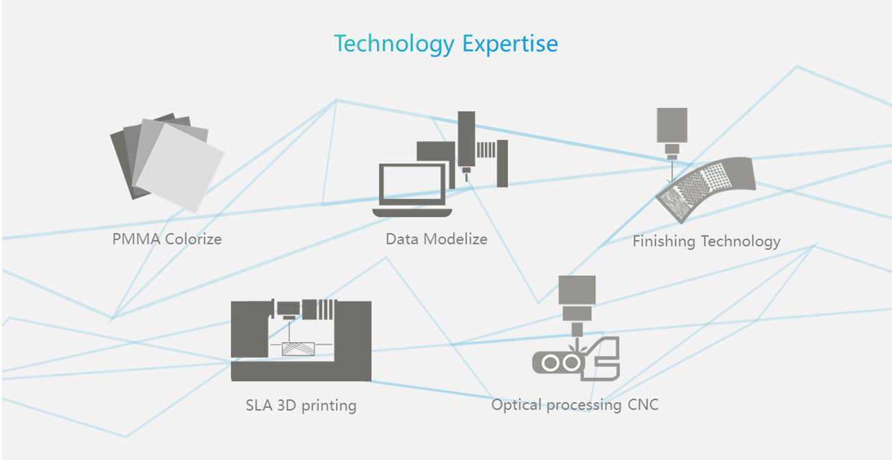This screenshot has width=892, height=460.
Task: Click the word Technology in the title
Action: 394,44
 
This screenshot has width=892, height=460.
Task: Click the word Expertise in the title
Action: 510,44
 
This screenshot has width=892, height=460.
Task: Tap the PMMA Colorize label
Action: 167,239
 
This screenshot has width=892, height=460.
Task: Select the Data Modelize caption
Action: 436,239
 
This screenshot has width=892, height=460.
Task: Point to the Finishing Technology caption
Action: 707,241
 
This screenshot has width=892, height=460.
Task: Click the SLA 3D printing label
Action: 301,405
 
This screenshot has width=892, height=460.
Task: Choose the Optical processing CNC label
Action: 575,405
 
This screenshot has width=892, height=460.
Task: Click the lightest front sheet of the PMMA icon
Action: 180,167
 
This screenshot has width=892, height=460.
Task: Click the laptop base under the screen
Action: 412,213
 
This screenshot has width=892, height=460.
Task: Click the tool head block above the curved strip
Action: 672,125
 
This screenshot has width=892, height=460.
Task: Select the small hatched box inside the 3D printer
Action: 298,349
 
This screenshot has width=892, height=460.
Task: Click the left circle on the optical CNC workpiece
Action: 551,363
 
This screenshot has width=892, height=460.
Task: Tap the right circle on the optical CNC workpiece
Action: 571,363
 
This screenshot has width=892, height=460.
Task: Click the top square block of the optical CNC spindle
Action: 577,290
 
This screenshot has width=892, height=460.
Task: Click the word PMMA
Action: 136,239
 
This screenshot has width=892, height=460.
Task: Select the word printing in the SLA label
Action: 329,406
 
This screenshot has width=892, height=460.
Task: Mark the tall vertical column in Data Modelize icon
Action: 467,139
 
